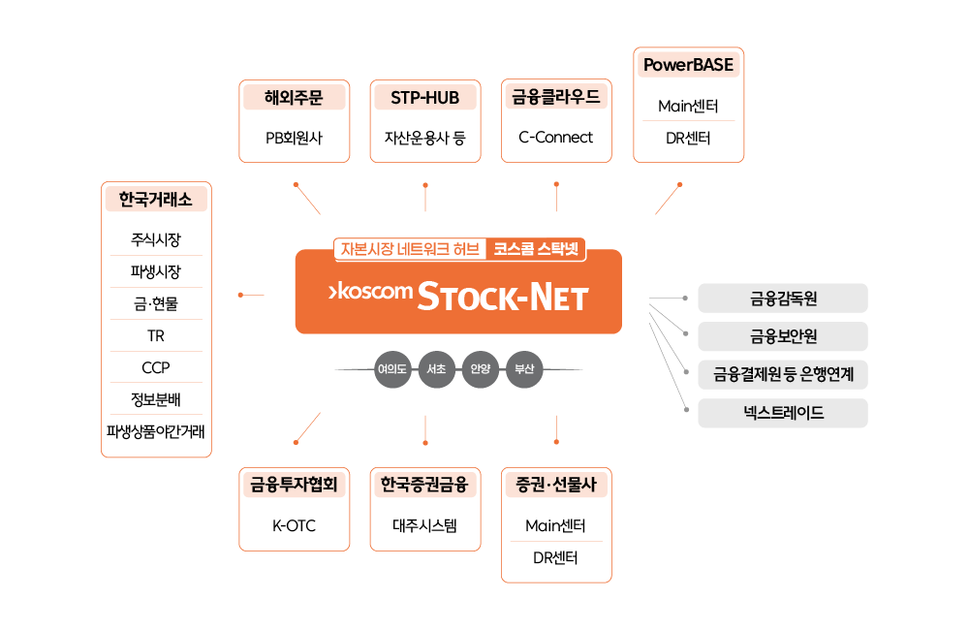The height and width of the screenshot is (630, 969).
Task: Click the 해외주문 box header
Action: click(294, 97)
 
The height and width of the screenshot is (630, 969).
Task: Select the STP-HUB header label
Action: click(425, 97)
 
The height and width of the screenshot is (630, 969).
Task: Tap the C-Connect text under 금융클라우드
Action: click(556, 138)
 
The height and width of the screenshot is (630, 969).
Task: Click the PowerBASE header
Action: click(689, 65)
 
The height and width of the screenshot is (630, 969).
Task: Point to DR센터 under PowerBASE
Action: click(689, 139)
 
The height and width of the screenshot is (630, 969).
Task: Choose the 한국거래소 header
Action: click(156, 199)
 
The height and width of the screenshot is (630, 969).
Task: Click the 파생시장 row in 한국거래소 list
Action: click(156, 271)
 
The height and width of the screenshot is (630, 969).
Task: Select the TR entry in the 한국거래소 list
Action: click(156, 335)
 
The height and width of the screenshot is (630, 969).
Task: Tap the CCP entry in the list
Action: click(156, 367)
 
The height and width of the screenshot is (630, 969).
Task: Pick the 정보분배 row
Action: click(156, 399)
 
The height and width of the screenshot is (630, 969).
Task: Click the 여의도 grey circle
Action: click(392, 369)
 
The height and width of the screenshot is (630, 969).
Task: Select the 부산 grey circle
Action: click(525, 369)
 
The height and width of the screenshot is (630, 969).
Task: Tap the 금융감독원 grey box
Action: click(783, 299)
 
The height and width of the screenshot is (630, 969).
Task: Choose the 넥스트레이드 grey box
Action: click(783, 413)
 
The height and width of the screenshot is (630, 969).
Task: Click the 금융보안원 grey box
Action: click(783, 336)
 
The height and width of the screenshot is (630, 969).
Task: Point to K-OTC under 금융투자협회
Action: click(294, 526)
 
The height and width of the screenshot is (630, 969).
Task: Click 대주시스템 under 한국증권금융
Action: click(425, 526)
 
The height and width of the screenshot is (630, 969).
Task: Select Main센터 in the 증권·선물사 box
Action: click(556, 526)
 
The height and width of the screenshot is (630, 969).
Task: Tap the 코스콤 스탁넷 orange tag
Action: click(536, 248)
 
